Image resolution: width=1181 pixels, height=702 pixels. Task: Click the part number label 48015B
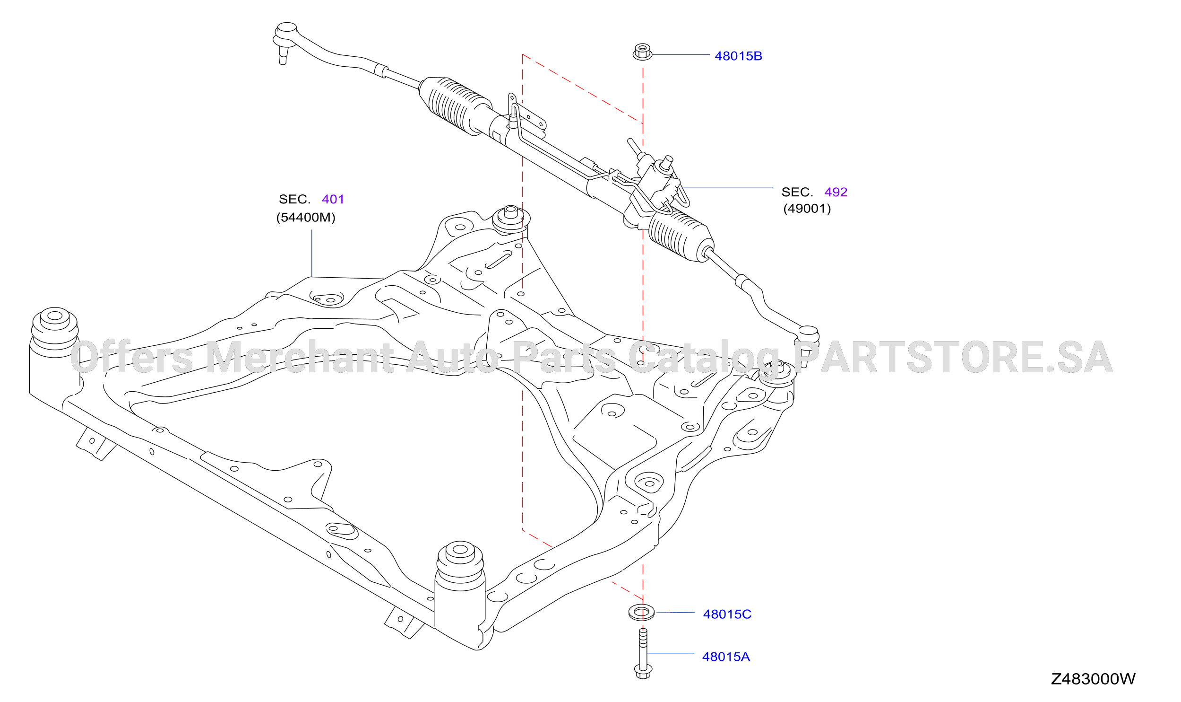[738, 56]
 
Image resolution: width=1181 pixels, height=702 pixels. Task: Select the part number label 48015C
[727, 614]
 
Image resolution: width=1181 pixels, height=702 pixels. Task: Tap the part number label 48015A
[726, 657]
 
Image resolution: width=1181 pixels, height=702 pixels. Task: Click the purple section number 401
[333, 199]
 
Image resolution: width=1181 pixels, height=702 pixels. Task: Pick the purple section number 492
[836, 192]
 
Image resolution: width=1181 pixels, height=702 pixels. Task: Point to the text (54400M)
[306, 218]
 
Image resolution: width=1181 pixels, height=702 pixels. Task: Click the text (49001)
[807, 209]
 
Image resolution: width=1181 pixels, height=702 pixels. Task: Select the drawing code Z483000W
[1093, 679]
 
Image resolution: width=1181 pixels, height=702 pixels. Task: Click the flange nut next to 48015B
[642, 52]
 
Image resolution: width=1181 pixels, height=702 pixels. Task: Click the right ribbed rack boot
[681, 236]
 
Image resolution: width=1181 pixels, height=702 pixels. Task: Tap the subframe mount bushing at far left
[54, 333]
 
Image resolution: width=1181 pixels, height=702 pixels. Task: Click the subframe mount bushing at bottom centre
[460, 568]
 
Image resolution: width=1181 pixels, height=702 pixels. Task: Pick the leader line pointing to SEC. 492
[728, 188]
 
